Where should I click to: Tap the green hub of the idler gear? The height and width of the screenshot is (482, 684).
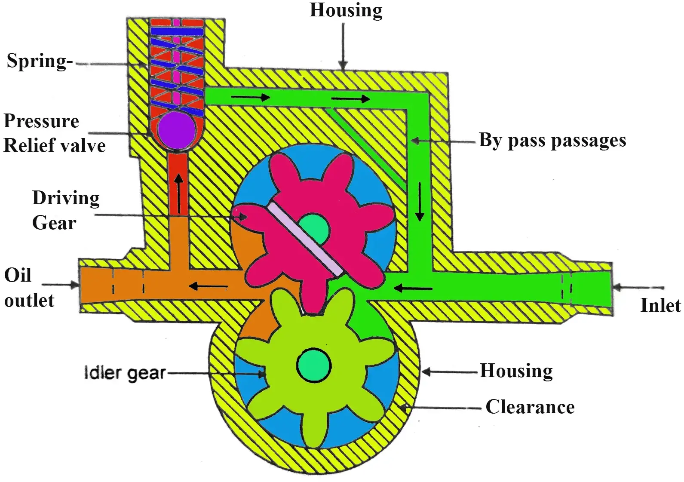pos(314,365)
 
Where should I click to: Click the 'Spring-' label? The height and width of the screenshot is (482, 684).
pos(40,61)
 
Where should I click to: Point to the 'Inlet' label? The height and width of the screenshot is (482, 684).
pos(660,305)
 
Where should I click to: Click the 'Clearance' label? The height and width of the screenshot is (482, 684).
pos(530,407)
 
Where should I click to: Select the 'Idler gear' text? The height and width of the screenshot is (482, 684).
pos(125,372)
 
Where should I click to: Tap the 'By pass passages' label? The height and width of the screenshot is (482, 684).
pos(552,141)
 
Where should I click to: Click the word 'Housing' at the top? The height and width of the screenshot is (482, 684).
pos(346,10)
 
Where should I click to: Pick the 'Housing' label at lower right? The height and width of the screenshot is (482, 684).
pos(516,371)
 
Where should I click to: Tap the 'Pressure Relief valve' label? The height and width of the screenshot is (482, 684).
pos(54,133)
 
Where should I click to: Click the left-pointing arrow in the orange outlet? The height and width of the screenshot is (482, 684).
pos(208,286)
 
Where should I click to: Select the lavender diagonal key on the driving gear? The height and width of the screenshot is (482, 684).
pos(306,239)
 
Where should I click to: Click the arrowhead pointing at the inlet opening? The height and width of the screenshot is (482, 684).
pos(617,287)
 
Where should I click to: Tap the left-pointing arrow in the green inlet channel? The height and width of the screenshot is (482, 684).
pos(413,288)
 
